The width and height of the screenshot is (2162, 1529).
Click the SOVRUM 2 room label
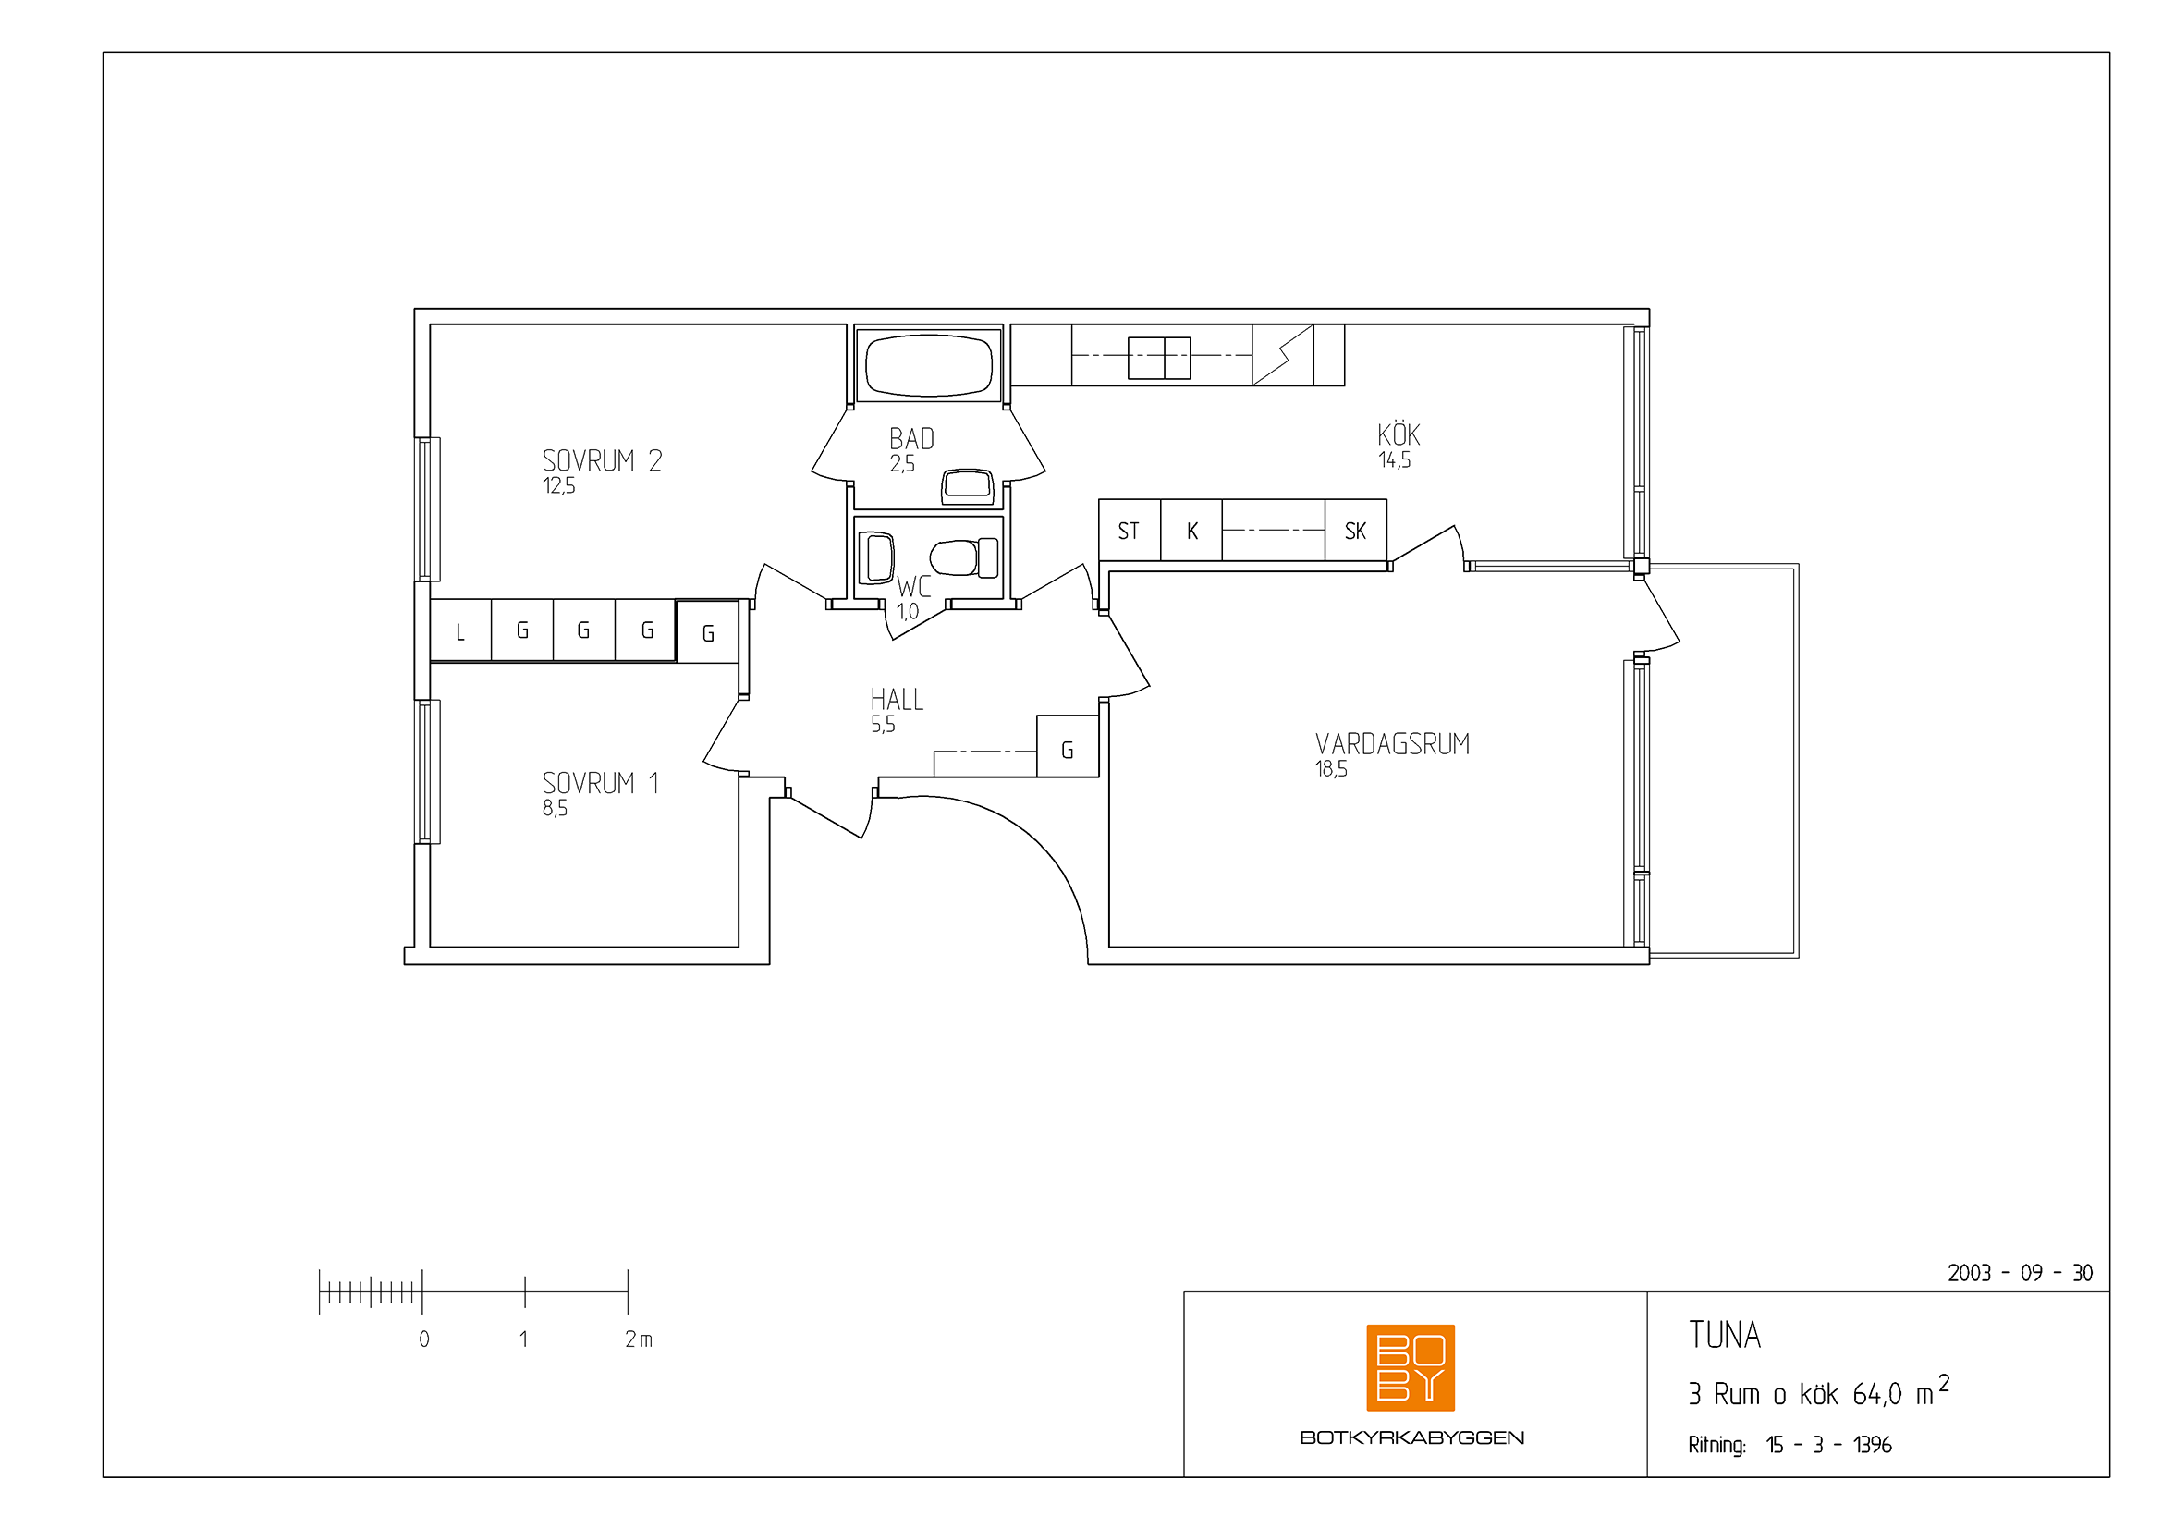[x=602, y=460]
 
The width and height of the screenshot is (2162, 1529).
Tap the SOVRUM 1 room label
[x=600, y=782]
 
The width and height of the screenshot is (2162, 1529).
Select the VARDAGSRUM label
[x=1392, y=744]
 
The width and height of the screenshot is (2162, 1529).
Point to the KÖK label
[x=1399, y=434]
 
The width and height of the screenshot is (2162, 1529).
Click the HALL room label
[x=897, y=700]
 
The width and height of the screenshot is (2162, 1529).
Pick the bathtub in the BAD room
[x=928, y=364]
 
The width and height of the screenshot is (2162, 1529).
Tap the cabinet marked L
[x=460, y=630]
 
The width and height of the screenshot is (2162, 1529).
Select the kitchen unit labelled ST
[x=1129, y=530]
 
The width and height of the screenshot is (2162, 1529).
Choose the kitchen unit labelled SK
[x=1355, y=530]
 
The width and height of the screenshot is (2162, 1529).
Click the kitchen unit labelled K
[x=1191, y=530]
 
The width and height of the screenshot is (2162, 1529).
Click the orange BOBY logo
[x=1411, y=1367]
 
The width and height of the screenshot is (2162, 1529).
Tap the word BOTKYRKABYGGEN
[x=1411, y=1437]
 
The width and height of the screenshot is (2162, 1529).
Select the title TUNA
[x=1724, y=1335]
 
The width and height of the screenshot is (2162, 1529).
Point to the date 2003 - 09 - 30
[x=2020, y=1273]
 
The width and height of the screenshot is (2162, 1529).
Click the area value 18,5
[x=1330, y=769]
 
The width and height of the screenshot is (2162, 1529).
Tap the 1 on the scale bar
[x=523, y=1339]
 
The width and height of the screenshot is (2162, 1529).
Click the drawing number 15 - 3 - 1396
[x=1827, y=1444]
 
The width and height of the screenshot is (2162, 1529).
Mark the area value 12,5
[x=558, y=486]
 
